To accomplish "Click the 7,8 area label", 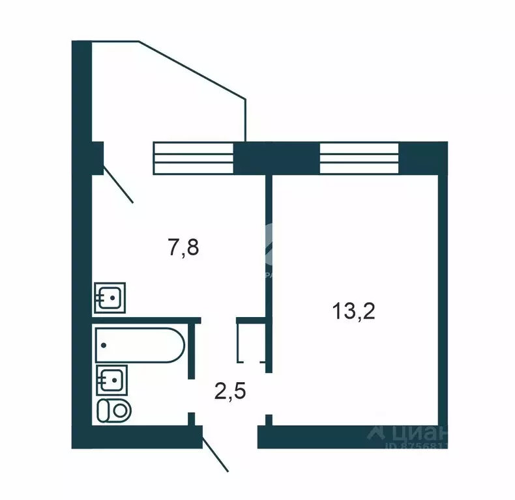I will pyautogui.click(x=183, y=247).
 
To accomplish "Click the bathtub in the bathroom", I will pyautogui.click(x=138, y=345).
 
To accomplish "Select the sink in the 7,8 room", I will pyautogui.click(x=110, y=298).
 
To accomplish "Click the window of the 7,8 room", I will pyautogui.click(x=194, y=158).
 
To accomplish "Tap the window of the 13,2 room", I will pyautogui.click(x=359, y=158).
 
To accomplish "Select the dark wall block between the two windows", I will pyautogui.click(x=276, y=158).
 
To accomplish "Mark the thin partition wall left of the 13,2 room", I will pyautogui.click(x=267, y=260).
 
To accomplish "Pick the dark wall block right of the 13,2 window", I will pyautogui.click(x=422, y=158).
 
